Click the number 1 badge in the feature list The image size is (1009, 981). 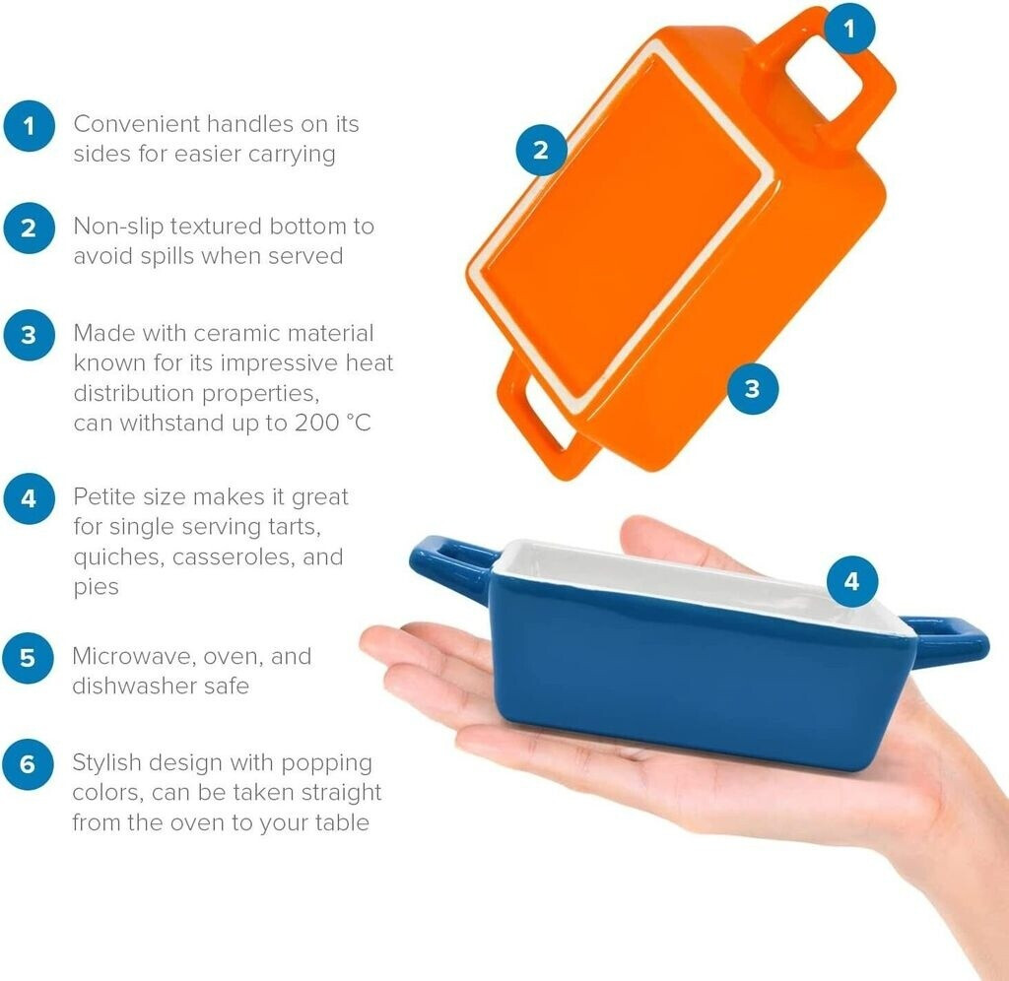(29, 126)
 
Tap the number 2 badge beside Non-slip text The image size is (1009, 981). (29, 229)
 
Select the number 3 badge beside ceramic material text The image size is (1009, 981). (29, 335)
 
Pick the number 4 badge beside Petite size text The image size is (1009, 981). (29, 498)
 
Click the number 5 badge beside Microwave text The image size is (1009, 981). (28, 658)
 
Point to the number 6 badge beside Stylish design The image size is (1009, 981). (28, 764)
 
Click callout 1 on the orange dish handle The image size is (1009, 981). (849, 29)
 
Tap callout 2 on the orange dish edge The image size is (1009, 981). (541, 151)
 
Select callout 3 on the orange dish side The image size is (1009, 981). (752, 388)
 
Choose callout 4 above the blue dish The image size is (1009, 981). (852, 581)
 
